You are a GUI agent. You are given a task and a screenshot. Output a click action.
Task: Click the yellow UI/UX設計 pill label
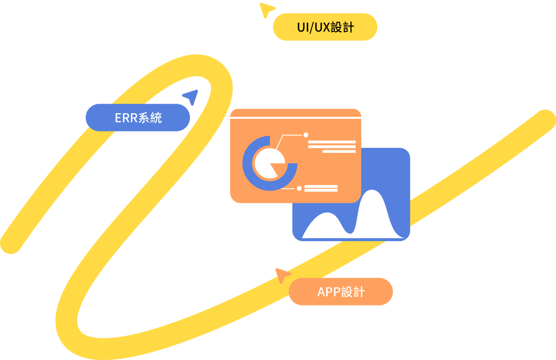(325, 27)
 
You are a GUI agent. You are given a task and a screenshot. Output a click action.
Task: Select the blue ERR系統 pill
(137, 118)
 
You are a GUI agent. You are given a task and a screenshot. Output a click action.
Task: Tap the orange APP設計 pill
(341, 292)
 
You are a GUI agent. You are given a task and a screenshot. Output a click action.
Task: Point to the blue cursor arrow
(191, 97)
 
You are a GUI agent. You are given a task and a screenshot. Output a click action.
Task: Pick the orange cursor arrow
(282, 275)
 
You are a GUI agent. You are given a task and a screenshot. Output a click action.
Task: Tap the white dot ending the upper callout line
(306, 135)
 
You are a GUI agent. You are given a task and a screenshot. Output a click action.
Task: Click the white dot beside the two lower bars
(299, 188)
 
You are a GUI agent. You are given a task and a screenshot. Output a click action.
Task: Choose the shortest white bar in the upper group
(339, 151)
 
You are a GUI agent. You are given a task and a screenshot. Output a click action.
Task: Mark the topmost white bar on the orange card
(332, 142)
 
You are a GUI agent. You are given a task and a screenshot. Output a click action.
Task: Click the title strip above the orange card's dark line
(295, 113)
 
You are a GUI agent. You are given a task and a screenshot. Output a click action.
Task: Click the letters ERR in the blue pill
(126, 118)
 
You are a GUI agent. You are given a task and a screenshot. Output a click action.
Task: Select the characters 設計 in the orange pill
(353, 292)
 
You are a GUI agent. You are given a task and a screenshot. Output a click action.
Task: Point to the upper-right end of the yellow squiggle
(545, 119)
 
